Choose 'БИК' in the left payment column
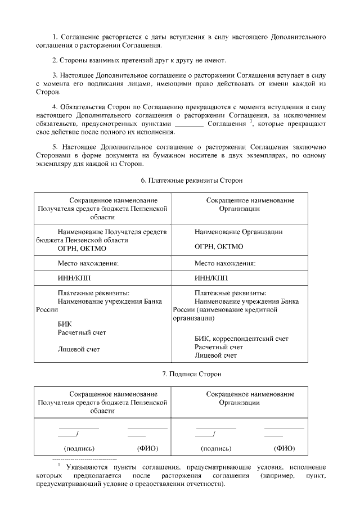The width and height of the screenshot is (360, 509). click(65, 324)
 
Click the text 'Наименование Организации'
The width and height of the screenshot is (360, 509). click(238, 232)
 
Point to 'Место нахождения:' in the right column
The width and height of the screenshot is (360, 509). click(225, 263)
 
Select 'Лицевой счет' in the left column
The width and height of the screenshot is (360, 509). click(79, 349)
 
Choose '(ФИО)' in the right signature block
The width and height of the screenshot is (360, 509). click(284, 448)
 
